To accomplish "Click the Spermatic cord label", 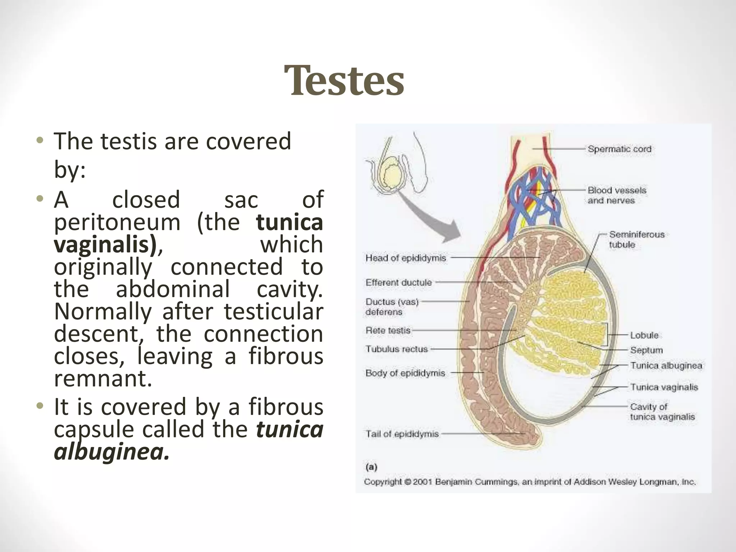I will [619, 149].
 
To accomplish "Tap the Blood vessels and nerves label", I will [617, 195].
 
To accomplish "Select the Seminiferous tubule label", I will [636, 239].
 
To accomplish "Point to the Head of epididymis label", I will [405, 258].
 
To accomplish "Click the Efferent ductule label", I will [399, 282].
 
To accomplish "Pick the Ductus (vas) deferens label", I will [392, 307].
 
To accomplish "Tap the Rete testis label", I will [388, 330].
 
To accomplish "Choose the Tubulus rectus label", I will [396, 349].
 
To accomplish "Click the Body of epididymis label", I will [405, 373].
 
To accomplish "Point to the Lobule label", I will [644, 335].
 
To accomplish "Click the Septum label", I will [646, 350].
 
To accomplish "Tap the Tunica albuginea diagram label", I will [666, 366].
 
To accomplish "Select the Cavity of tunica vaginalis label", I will [662, 412].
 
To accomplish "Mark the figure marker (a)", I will [371, 467].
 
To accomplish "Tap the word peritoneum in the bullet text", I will [117, 222].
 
